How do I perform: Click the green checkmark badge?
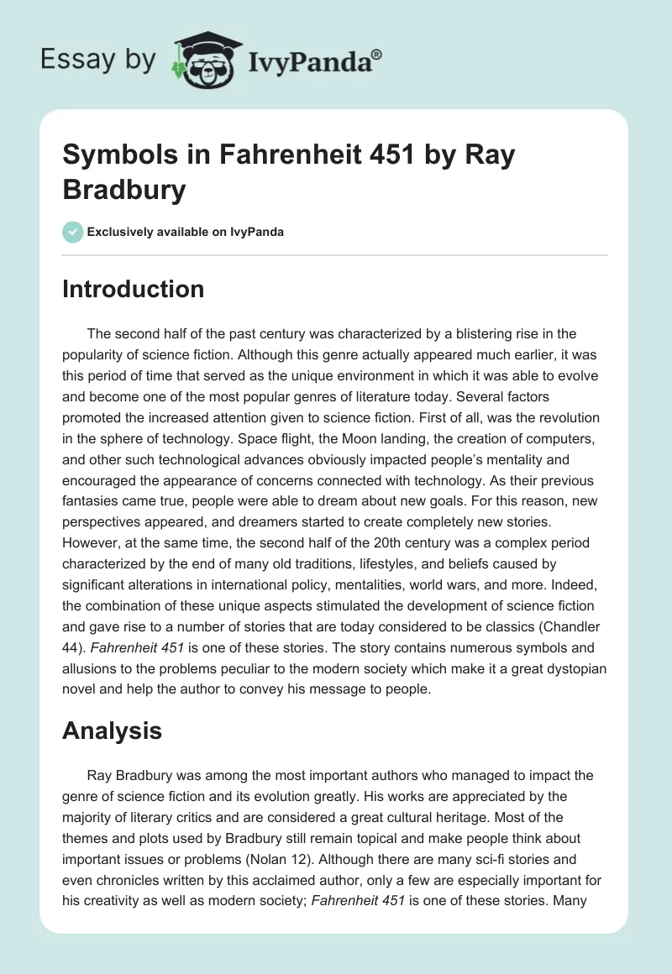click(x=73, y=232)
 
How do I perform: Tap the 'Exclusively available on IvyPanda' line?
click(x=186, y=232)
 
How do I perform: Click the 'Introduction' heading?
click(x=133, y=289)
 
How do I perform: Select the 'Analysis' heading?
click(x=112, y=731)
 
